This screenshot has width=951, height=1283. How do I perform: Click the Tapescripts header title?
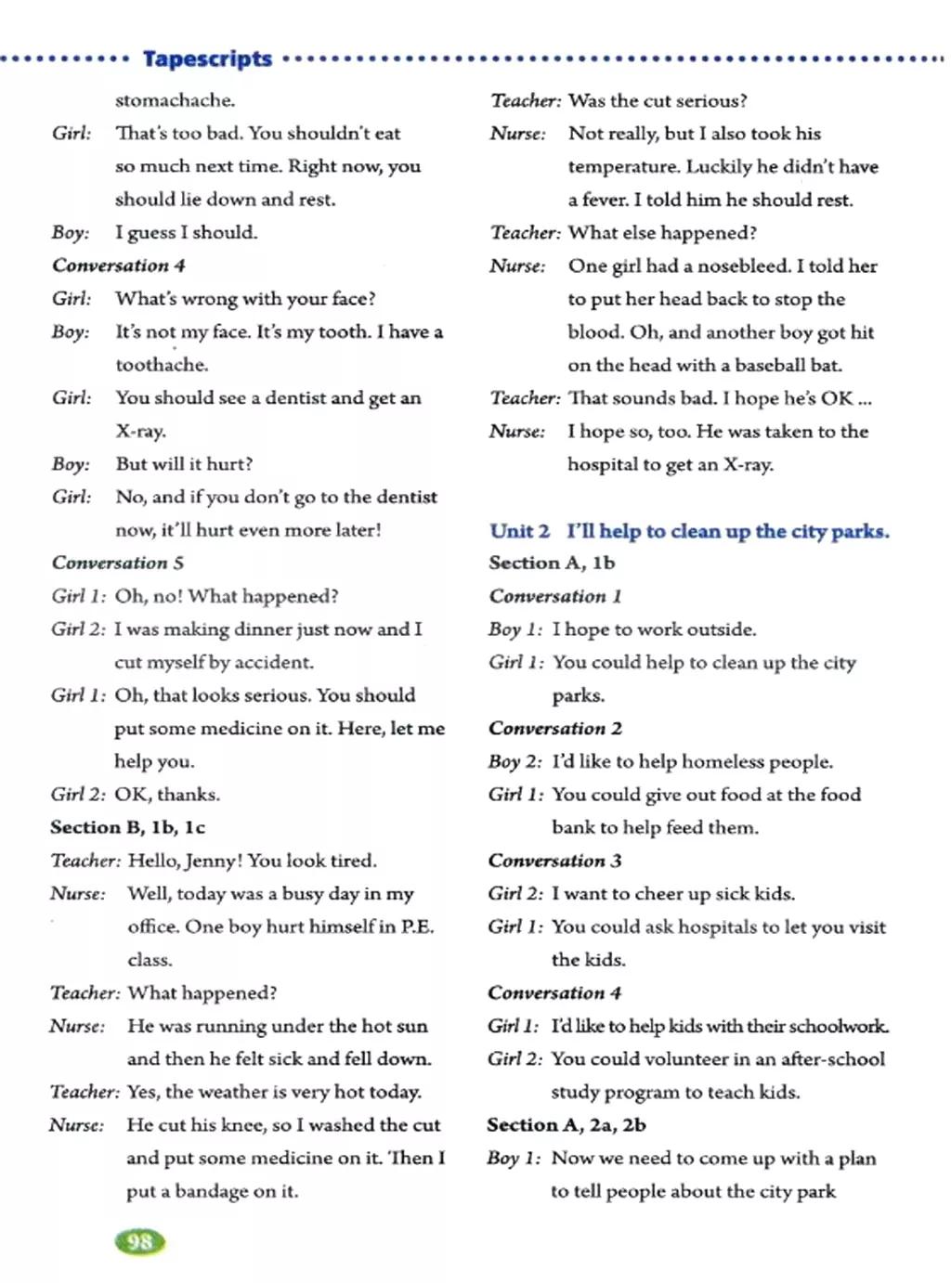(x=207, y=58)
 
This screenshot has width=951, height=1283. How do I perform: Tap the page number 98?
(x=139, y=1241)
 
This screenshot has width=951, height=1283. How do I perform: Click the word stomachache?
(x=175, y=100)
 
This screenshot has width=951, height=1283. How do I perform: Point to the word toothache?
(x=161, y=365)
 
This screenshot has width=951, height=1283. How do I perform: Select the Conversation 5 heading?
(x=118, y=563)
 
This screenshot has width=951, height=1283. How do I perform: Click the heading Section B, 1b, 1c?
(x=128, y=827)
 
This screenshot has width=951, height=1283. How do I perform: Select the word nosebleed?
(x=744, y=266)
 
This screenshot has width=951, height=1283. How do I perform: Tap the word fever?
(x=605, y=200)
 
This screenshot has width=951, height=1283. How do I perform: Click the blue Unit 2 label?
(x=519, y=531)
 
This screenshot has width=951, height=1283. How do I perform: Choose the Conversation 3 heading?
(x=554, y=861)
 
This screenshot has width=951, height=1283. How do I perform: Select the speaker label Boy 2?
(x=515, y=761)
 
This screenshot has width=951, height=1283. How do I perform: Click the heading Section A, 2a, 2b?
(x=567, y=1125)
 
